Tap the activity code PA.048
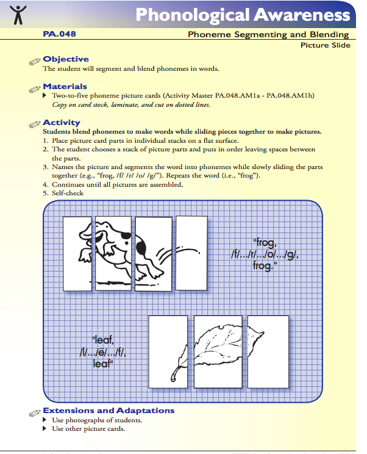tap(59, 34)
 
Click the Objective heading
tap(66, 59)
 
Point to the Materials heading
tap(65, 87)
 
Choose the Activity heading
tap(61, 123)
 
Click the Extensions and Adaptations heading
tap(109, 411)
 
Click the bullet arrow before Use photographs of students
tap(45, 420)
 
